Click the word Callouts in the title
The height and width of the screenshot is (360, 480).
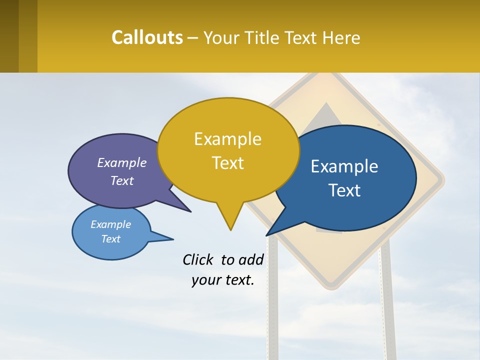point(147,37)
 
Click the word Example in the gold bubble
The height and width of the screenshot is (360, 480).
point(227,139)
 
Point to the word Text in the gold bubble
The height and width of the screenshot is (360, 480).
point(227,163)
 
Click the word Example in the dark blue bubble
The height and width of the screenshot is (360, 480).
point(344,166)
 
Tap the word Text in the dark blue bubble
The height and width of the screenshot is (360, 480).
point(344,190)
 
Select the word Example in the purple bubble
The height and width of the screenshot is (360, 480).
point(122,162)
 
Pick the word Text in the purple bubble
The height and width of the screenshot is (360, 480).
point(122,180)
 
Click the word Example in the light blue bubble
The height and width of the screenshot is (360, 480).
point(111,224)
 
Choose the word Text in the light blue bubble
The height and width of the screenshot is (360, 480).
point(111,239)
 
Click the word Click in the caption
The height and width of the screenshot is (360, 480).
point(198,260)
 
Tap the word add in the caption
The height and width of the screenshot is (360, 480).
point(250,260)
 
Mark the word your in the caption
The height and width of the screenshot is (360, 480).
point(205,280)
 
